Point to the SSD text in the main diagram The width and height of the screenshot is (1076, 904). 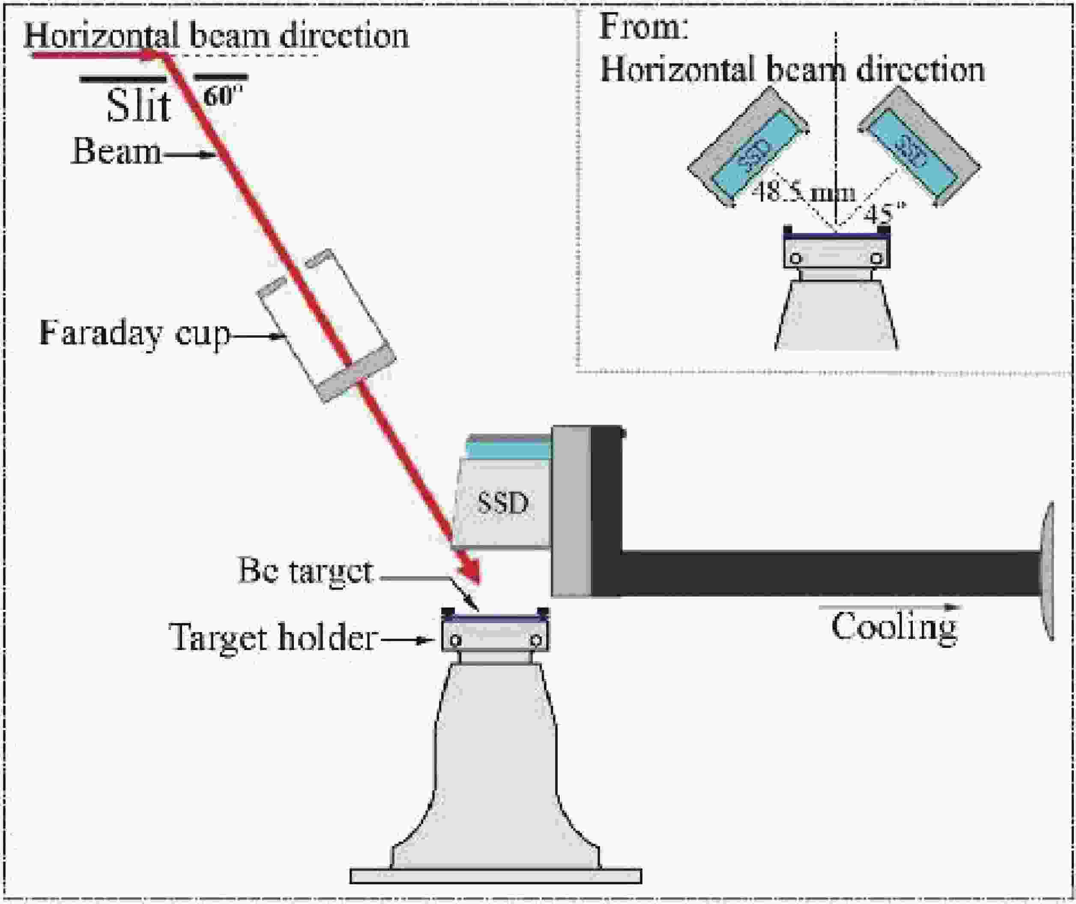point(503,503)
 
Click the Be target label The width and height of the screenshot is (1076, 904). point(305,571)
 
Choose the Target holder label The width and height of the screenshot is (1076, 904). point(273,638)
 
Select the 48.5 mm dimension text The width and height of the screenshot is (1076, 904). point(803,193)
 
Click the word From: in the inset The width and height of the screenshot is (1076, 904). point(644,27)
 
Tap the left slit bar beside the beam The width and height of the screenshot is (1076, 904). point(123,79)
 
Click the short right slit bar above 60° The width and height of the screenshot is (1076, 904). point(222,78)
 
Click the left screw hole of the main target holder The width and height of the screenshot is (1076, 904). point(456,641)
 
